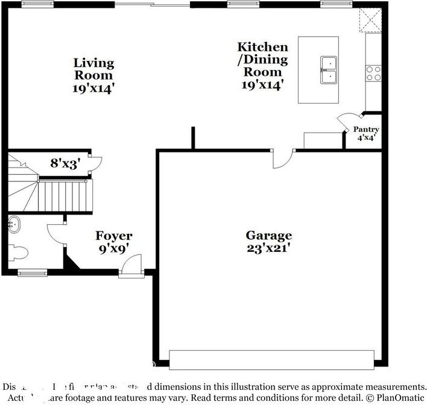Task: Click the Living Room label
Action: click(x=93, y=75)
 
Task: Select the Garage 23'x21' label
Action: click(x=268, y=241)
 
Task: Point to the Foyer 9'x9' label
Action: click(x=114, y=242)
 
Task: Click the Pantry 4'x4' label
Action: click(x=366, y=133)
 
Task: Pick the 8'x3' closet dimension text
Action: click(x=65, y=163)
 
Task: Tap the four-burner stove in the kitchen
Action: click(x=373, y=74)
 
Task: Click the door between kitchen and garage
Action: click(x=282, y=159)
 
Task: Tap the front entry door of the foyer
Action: click(x=131, y=265)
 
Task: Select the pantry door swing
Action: click(x=347, y=121)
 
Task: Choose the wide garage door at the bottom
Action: click(x=271, y=360)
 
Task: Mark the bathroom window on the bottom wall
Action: click(x=33, y=274)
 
